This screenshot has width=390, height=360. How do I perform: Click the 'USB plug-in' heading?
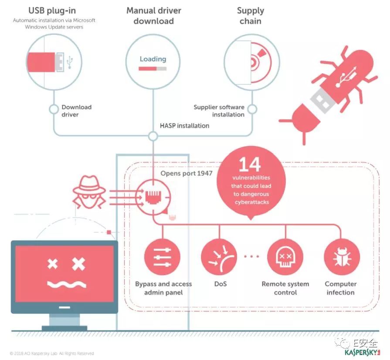coord(52,11)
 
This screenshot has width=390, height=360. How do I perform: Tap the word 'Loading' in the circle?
coord(153,59)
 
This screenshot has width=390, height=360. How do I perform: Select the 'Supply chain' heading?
coord(251,16)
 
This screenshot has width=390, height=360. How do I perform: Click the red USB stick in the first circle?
coord(41,62)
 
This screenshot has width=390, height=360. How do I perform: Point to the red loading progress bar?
coord(147,69)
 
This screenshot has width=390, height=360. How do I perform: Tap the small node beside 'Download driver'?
coord(54,109)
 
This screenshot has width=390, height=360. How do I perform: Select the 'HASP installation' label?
coord(184,126)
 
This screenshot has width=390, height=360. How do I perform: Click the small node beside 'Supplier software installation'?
coord(252,109)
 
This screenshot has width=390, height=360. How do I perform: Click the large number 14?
coord(250,165)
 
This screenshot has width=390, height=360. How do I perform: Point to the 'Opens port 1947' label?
coord(187,173)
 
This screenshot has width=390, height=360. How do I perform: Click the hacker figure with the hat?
coord(89,192)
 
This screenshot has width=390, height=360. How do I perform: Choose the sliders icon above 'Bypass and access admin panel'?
coord(162,257)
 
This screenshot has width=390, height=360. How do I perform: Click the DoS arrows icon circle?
coord(219,257)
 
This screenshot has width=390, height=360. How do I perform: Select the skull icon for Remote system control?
coord(285,257)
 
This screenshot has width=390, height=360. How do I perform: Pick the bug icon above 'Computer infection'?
coord(342,257)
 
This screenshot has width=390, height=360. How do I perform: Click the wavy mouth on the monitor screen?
coord(67,285)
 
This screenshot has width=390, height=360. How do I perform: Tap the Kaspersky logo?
coord(362,352)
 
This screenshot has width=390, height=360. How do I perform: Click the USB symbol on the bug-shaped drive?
coord(346,76)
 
